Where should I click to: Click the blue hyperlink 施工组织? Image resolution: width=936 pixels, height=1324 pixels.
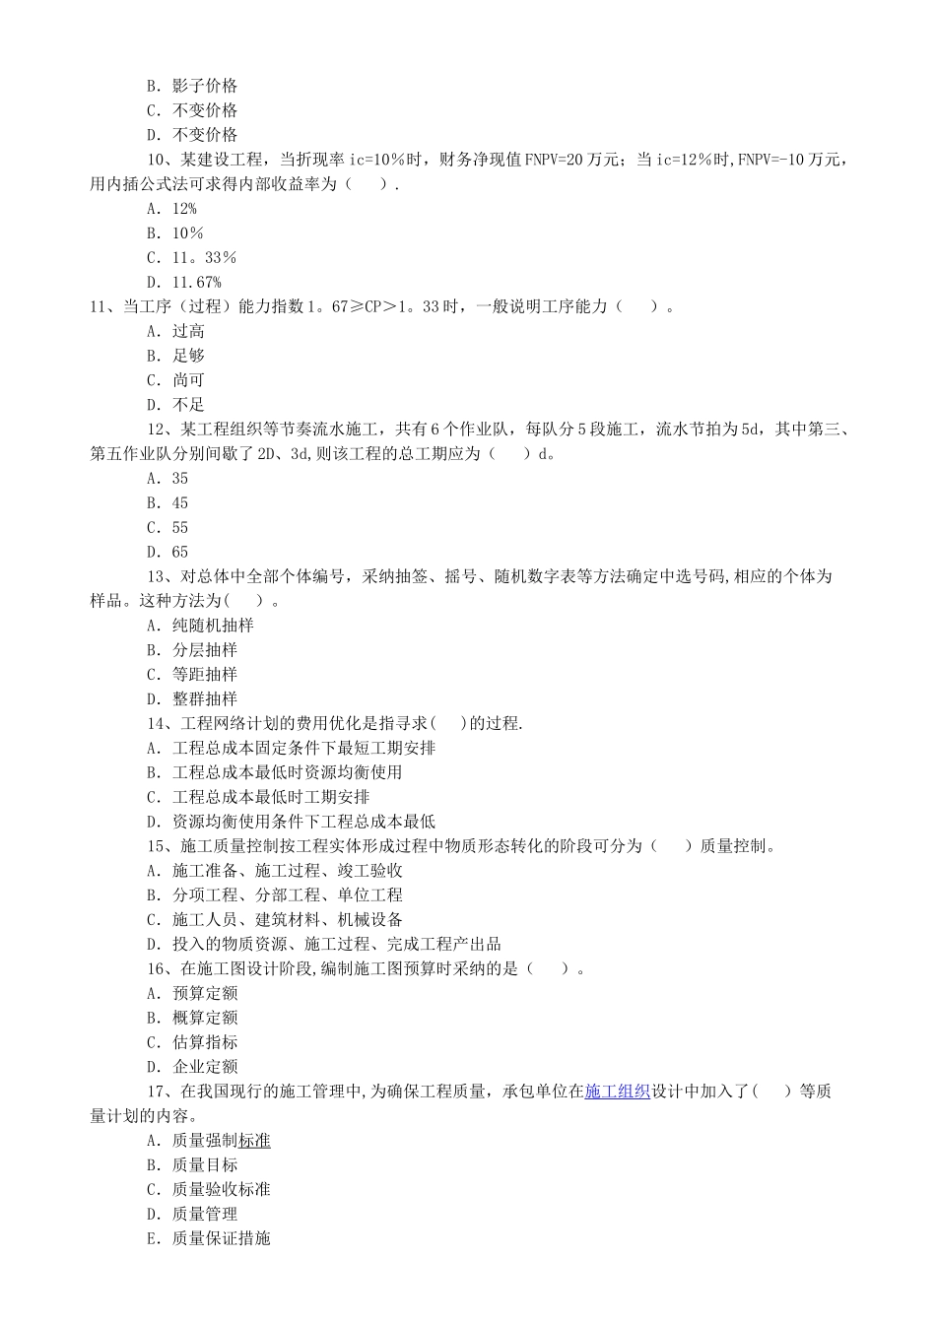click(617, 1092)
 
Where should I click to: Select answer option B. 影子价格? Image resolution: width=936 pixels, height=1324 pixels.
click(192, 86)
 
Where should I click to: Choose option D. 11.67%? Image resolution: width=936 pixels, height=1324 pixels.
click(184, 282)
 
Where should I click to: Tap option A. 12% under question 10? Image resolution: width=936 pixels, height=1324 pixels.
click(172, 209)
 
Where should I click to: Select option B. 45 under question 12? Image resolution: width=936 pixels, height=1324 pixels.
click(167, 503)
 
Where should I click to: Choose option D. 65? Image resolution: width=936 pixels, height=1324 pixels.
click(167, 553)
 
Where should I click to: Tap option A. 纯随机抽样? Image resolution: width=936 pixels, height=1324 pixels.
click(200, 626)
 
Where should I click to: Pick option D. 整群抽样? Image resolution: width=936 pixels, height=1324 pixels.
click(192, 699)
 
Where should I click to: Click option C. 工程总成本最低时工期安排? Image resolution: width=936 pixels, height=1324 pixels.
click(258, 797)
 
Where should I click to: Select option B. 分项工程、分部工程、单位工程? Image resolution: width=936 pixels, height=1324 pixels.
click(275, 895)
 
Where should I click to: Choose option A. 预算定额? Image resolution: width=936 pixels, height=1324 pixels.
click(192, 993)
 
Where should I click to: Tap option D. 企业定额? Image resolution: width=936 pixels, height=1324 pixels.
click(192, 1067)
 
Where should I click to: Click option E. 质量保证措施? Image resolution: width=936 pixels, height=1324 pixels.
click(209, 1238)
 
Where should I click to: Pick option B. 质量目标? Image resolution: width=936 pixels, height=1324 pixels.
click(192, 1165)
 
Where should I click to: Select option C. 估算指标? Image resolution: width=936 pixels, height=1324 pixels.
click(192, 1042)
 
